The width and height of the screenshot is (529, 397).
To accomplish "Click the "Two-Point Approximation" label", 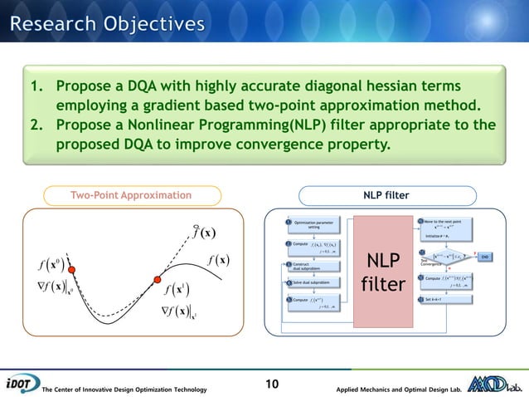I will [x=131, y=195].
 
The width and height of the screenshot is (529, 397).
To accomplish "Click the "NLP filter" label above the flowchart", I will [x=386, y=195].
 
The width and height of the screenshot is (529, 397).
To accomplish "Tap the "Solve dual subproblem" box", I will [x=315, y=282].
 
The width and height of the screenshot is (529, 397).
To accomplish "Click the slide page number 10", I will [x=272, y=384].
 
